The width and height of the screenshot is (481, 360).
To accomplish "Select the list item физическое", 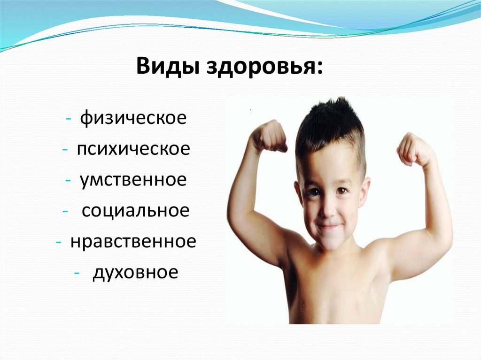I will (x=133, y=117).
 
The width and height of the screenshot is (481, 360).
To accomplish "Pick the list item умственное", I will (x=133, y=180).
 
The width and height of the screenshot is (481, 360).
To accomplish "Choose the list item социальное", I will (x=135, y=210).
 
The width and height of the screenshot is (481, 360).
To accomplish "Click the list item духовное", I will (x=135, y=272).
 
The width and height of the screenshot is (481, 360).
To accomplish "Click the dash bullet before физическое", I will (x=69, y=118).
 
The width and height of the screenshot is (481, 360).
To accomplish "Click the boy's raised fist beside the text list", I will (x=269, y=136).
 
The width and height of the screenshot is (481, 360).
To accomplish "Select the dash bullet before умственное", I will (x=69, y=181).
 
